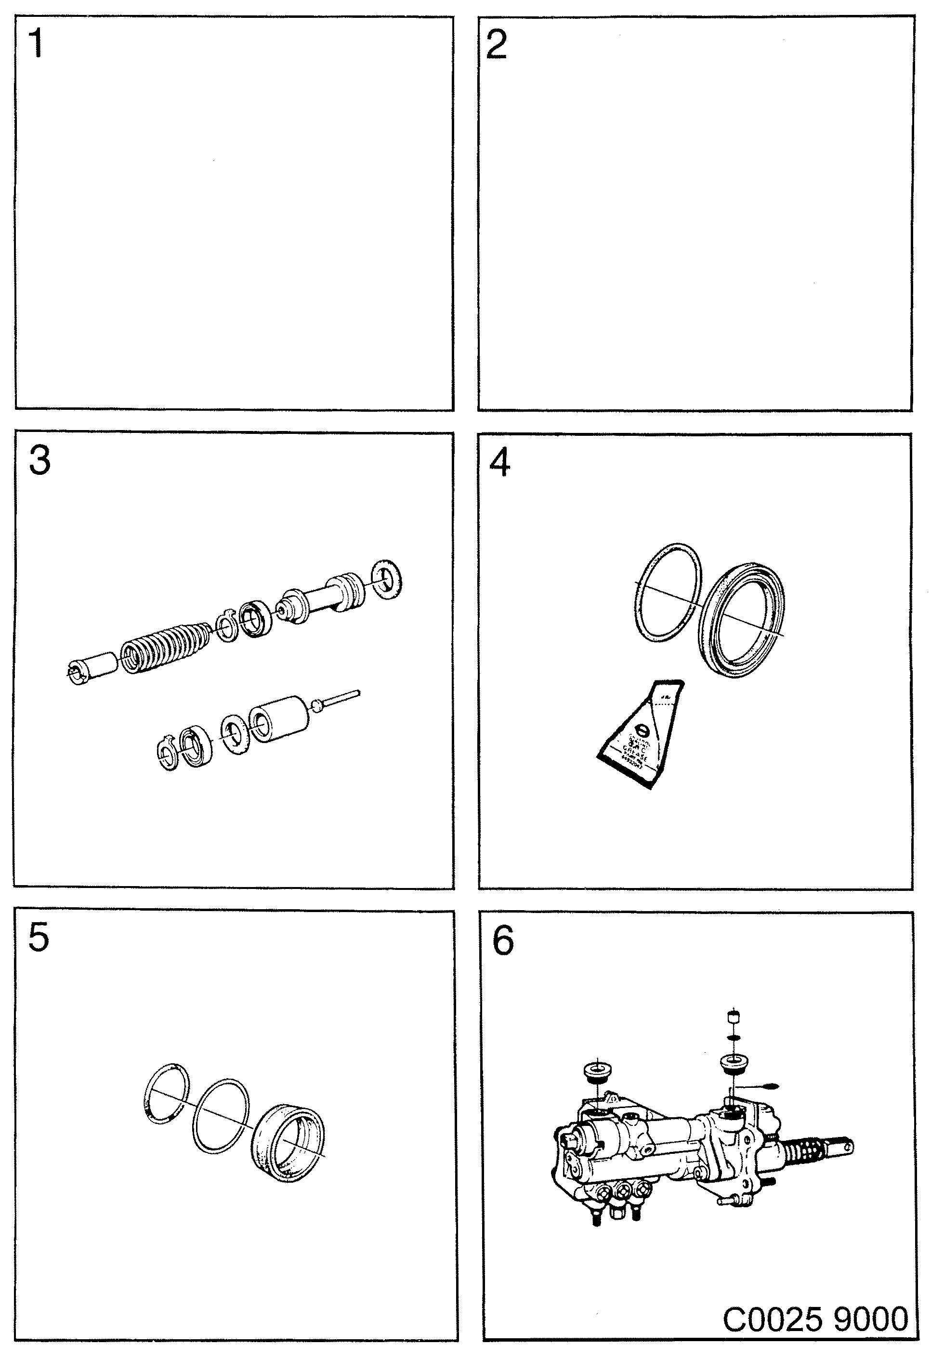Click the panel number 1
point(36,44)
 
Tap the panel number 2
point(496,45)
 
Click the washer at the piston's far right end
point(387,579)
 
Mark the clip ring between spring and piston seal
point(226,627)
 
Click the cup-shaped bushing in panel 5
point(287,1143)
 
